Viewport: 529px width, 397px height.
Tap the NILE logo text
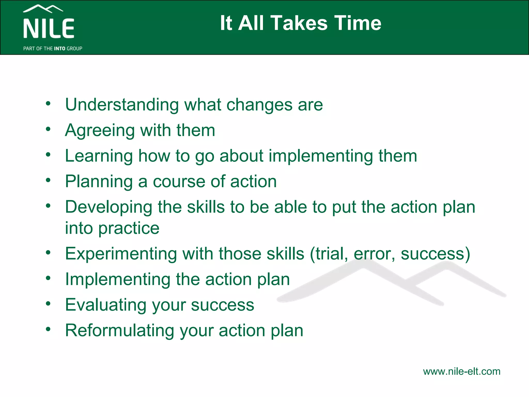tap(49, 28)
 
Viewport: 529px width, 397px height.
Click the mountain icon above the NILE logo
tap(43, 9)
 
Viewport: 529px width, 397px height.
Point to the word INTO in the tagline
tap(59, 49)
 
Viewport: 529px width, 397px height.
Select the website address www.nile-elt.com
tap(462, 371)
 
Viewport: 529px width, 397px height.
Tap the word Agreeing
tap(100, 131)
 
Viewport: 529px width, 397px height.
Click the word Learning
tap(99, 156)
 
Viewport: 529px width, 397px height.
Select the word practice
tap(129, 228)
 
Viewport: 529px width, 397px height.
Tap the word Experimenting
tap(121, 254)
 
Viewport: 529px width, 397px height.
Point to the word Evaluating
tap(106, 305)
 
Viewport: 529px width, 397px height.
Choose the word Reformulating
tap(120, 330)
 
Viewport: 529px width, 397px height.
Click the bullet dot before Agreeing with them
tap(48, 129)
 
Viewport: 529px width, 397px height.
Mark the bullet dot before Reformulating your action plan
tap(48, 329)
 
